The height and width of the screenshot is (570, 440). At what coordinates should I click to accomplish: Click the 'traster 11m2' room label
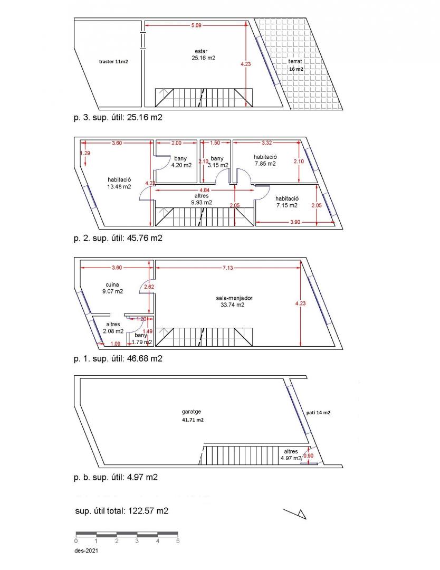[113, 62]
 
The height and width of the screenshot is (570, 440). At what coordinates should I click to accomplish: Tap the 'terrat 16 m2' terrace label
[296, 65]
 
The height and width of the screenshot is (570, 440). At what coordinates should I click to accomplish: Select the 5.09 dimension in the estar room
[196, 25]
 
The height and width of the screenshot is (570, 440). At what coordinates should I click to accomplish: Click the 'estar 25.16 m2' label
[203, 54]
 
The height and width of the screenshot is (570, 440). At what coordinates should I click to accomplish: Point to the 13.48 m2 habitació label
[119, 183]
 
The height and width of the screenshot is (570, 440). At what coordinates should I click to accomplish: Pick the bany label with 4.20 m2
[181, 162]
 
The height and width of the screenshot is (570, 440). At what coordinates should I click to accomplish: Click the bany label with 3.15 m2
[218, 162]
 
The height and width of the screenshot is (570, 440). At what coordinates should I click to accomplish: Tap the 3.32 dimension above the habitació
[266, 143]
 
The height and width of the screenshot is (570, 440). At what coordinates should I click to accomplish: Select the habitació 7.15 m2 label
[286, 202]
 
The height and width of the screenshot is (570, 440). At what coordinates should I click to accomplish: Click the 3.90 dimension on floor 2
[295, 222]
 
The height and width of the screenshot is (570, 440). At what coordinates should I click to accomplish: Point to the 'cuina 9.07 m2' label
[112, 288]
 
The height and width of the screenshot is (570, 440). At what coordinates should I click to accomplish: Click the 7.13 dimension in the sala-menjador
[228, 268]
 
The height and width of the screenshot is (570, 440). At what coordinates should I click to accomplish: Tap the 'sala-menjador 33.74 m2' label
[234, 301]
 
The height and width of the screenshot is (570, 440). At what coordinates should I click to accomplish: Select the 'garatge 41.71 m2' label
[192, 416]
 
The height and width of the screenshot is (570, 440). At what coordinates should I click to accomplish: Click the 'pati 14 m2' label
[318, 413]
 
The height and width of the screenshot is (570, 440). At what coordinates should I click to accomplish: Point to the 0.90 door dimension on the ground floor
[308, 456]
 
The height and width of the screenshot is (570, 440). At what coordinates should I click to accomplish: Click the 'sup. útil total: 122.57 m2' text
[122, 511]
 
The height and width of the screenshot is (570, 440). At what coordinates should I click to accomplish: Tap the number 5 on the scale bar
[178, 541]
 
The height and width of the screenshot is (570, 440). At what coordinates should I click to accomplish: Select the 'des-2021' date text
[86, 550]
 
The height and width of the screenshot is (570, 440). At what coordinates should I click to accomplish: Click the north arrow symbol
[295, 514]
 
